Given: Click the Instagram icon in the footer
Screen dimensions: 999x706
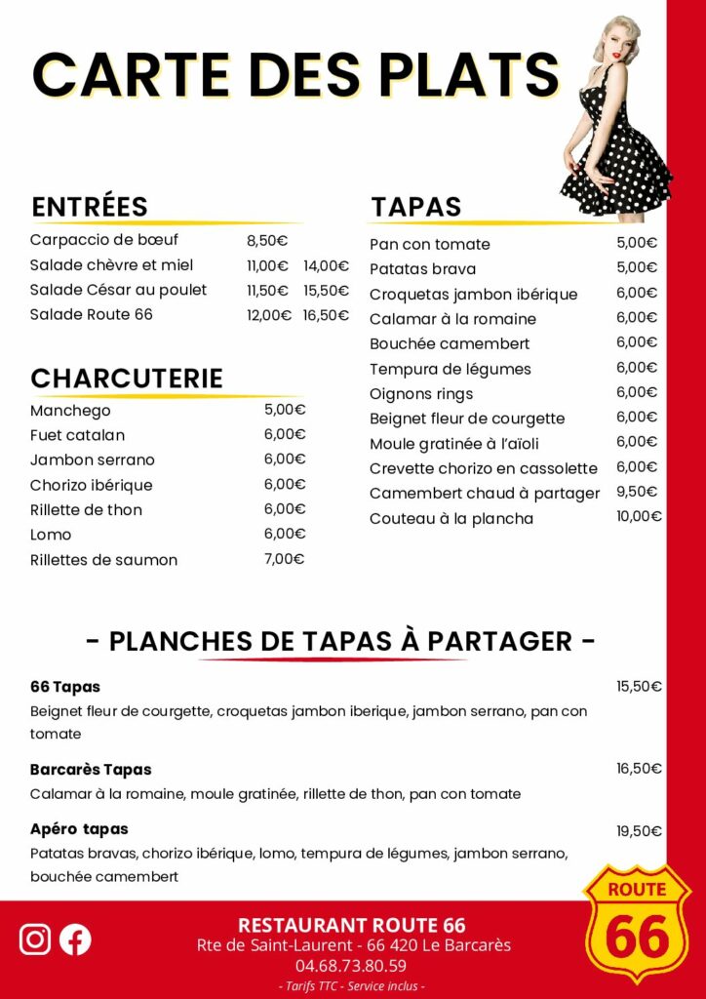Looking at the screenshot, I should pos(35,939).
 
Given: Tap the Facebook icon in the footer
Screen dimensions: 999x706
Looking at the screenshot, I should pos(75,939).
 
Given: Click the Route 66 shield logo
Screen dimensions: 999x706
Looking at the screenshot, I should pos(637,922).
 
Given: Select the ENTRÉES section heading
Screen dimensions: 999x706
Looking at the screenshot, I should pos(90,207).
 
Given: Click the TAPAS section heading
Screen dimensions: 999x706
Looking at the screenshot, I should pos(415,207).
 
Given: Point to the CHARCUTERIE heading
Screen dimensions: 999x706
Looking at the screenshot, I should pos(127,379).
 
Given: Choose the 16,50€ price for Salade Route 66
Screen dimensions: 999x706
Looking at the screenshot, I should pos(326,315).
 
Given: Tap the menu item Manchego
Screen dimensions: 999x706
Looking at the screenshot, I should pos(70,411).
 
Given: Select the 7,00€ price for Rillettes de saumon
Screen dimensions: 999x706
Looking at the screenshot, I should pos(285,559).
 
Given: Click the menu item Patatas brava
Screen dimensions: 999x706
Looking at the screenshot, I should pos(423,269).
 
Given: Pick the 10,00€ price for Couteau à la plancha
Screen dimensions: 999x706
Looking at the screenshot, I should pos(639,517).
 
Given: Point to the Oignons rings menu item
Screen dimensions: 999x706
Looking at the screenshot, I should pos(421,394).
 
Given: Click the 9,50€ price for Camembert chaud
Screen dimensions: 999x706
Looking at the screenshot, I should pos(637,492).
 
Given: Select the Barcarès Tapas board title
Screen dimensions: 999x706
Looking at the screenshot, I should pos(91,770).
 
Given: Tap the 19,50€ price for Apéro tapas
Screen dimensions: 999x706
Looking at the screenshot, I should pos(639,831).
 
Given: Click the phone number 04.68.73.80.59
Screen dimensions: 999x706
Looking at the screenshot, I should pos(351,966).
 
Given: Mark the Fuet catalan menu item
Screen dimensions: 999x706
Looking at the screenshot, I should pos(77,435).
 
